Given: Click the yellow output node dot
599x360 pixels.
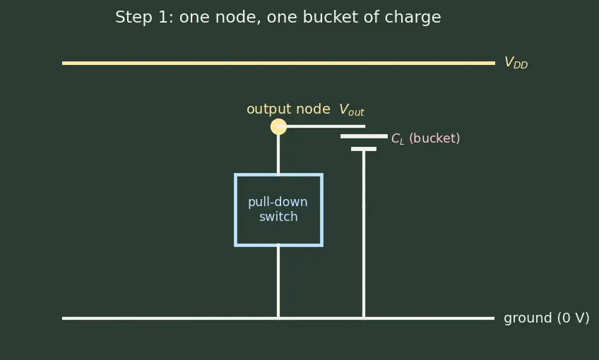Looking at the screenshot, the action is pyautogui.click(x=278, y=127).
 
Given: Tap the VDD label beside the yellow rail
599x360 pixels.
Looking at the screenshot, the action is pyautogui.click(x=516, y=62).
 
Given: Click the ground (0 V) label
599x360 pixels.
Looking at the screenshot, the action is pyautogui.click(x=546, y=318).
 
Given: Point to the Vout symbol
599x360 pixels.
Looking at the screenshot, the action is pyautogui.click(x=352, y=110).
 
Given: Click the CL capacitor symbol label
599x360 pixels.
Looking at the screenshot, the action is pyautogui.click(x=397, y=138).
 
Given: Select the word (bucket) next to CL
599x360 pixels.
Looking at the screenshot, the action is pyautogui.click(x=434, y=138).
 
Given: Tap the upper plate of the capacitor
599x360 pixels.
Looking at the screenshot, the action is pyautogui.click(x=364, y=136).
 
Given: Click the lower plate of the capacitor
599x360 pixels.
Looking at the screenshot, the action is pyautogui.click(x=364, y=149).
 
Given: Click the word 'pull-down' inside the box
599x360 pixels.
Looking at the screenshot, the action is pyautogui.click(x=278, y=202).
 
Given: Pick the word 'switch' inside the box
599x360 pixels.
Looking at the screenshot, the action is pyautogui.click(x=278, y=217).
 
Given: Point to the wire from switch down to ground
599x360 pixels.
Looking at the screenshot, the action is pyautogui.click(x=278, y=282).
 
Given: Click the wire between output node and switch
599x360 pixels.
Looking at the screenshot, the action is pyautogui.click(x=278, y=154).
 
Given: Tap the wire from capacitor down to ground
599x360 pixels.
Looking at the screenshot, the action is pyautogui.click(x=364, y=234).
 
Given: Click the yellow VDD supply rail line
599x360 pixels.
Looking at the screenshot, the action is pyautogui.click(x=278, y=63).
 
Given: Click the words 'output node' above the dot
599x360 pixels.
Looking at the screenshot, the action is pyautogui.click(x=288, y=109).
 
